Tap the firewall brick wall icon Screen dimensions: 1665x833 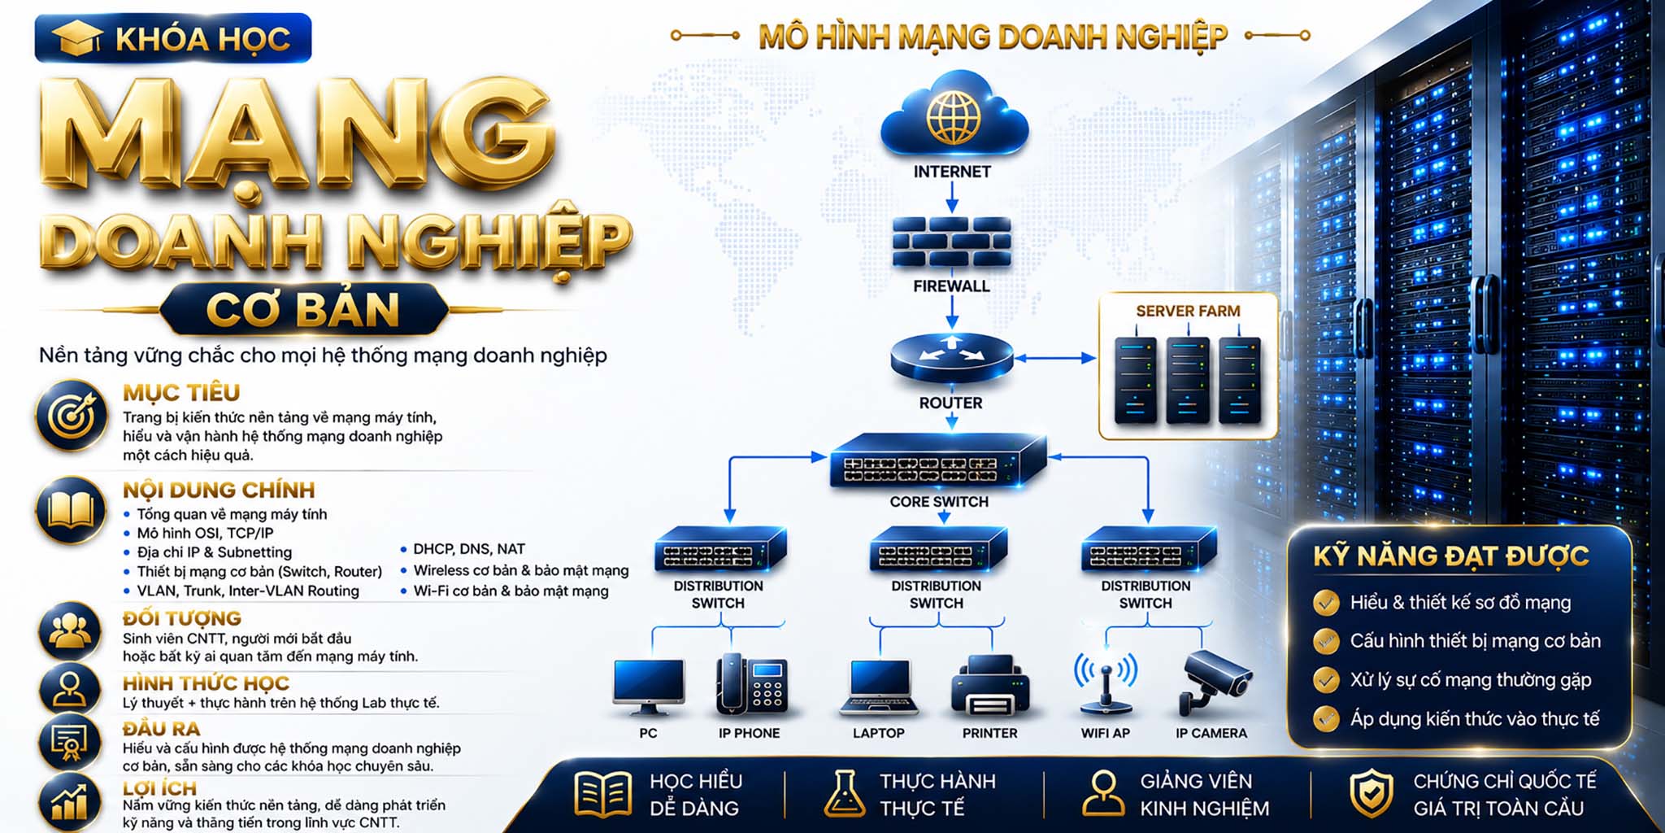coord(952,242)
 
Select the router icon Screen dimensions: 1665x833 coord(952,358)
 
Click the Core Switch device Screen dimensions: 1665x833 coord(938,461)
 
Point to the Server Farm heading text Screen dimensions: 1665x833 coord(1188,311)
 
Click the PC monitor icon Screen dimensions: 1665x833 coord(648,686)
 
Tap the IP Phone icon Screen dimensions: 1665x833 coord(751,685)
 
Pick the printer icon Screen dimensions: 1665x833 coord(990,685)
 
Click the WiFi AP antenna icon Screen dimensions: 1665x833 coord(1106,683)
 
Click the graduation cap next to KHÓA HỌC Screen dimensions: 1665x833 coord(77,38)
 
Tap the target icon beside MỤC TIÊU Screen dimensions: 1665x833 coord(72,416)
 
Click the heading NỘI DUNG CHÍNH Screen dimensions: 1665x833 coord(219,490)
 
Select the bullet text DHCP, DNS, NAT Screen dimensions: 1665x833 coord(469,549)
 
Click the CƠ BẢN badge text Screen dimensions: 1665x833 coord(303,310)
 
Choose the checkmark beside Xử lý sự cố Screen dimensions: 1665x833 coord(1326,679)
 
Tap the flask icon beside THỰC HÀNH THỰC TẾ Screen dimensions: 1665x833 coord(845,793)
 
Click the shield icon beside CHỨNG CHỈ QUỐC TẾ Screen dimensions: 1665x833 coord(1372,793)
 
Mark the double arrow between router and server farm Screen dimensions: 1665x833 coord(1055,358)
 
